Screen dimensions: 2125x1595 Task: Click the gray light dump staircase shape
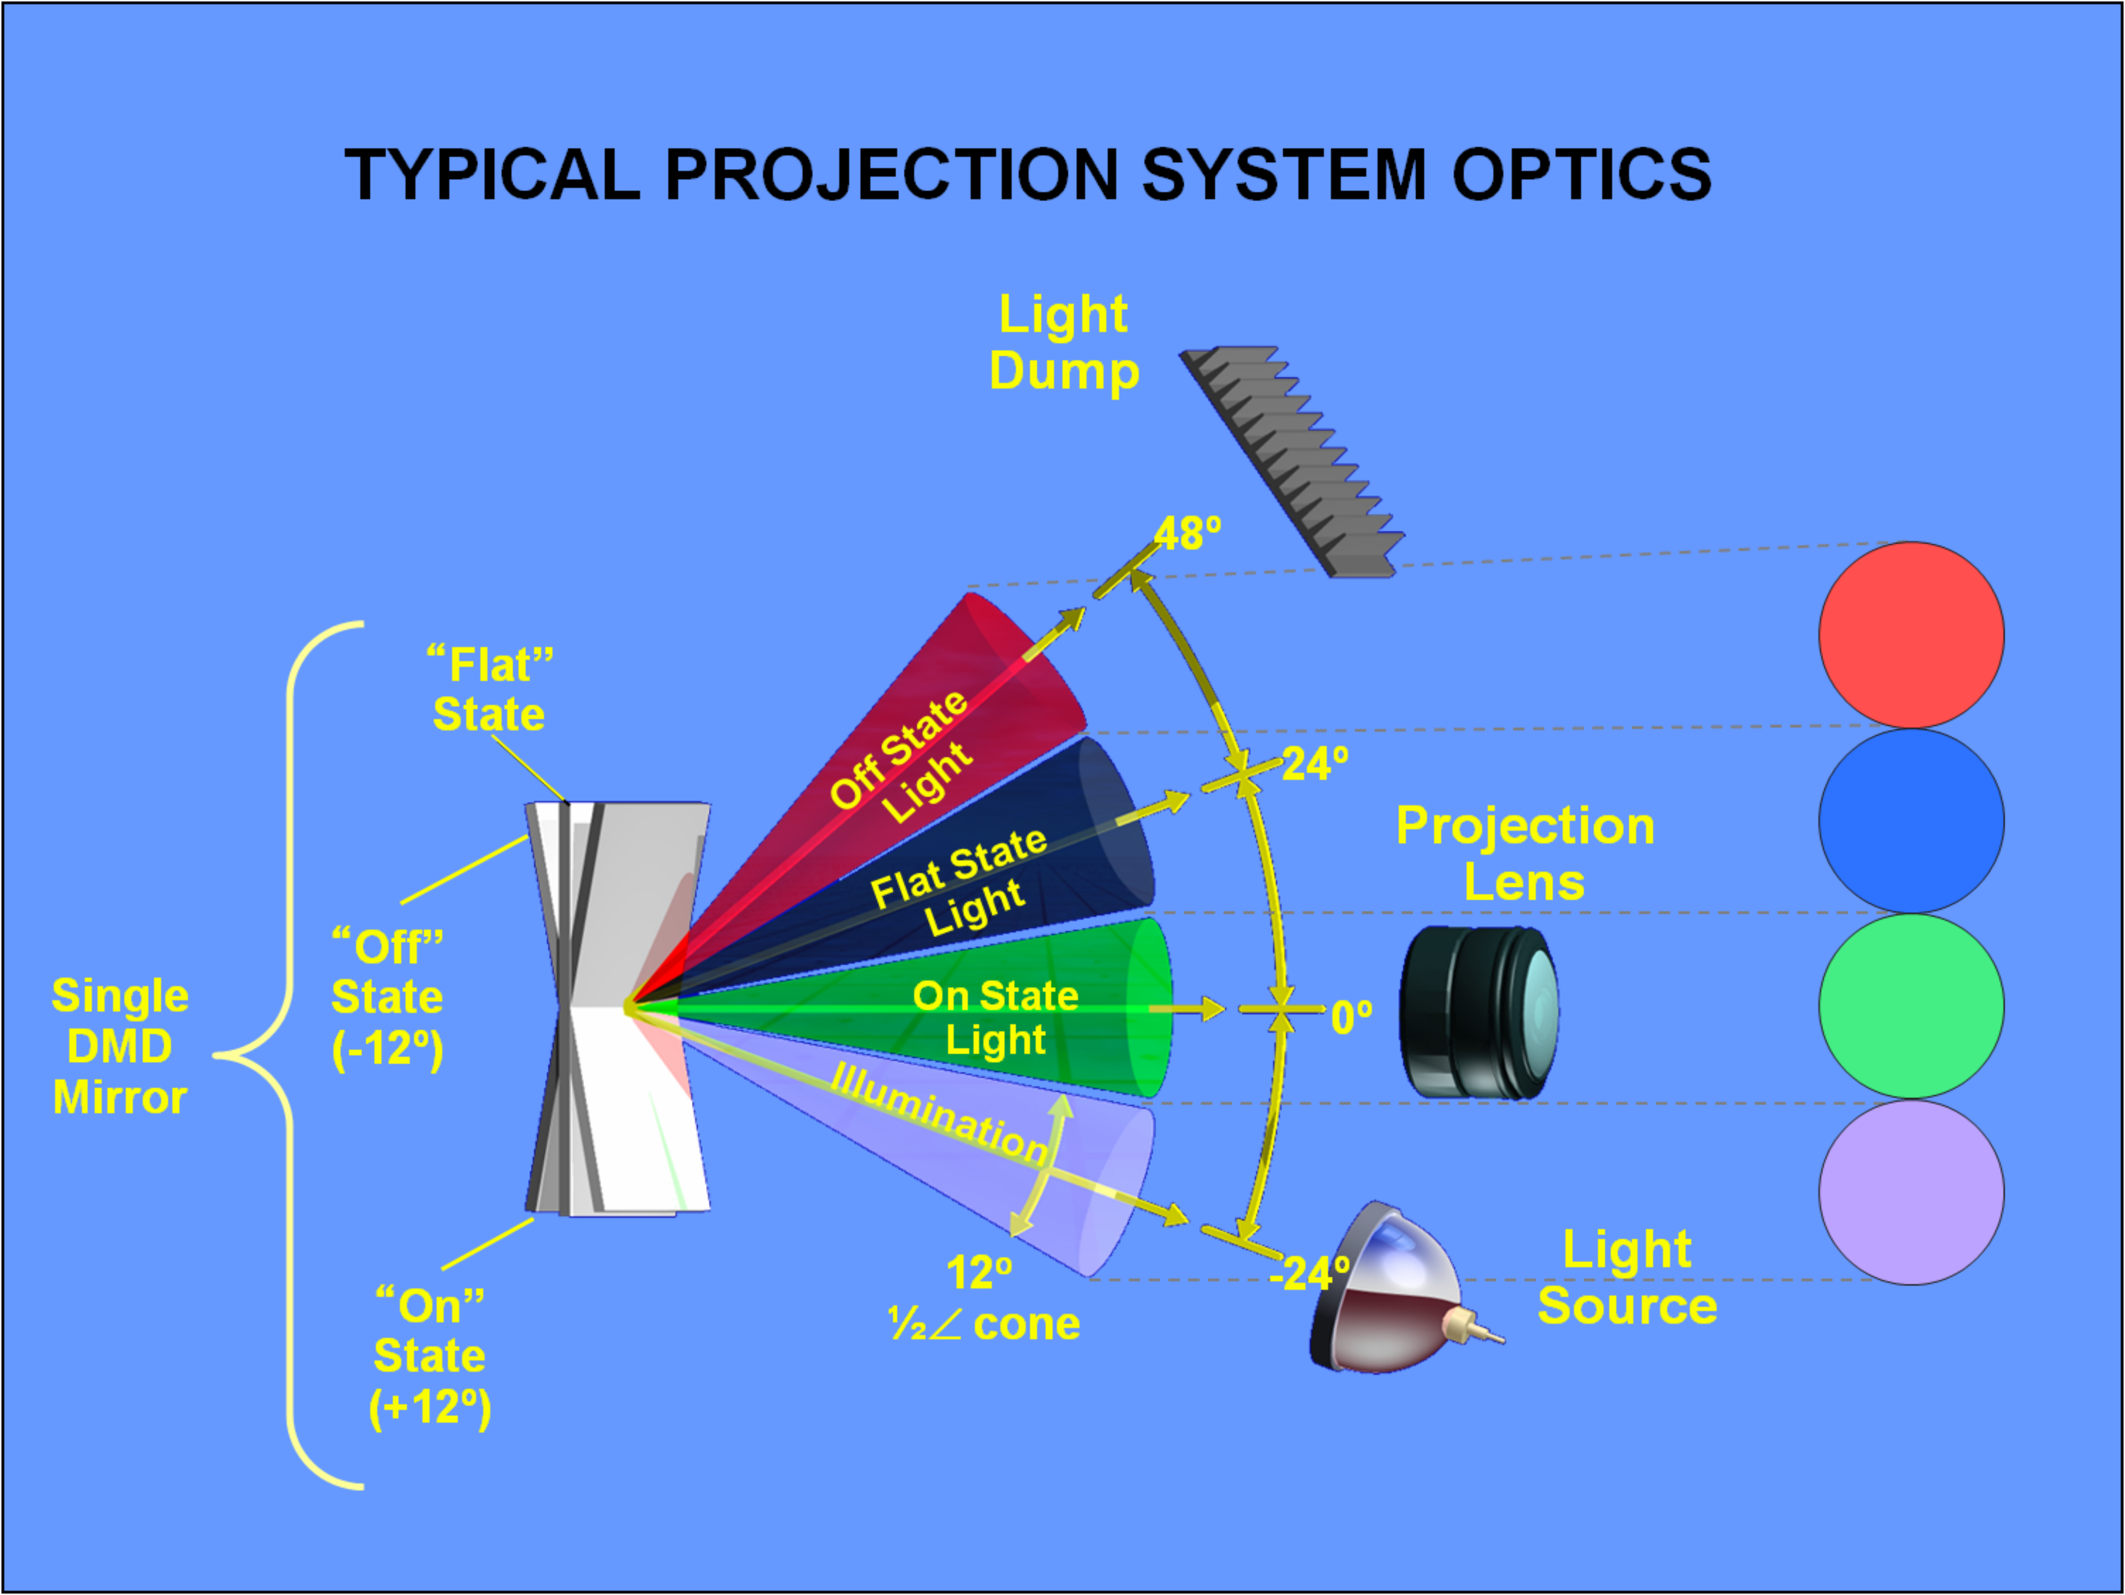[x=1292, y=461]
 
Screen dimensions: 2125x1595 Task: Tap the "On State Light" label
[x=995, y=1018]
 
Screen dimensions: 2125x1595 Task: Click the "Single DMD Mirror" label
[x=120, y=1046]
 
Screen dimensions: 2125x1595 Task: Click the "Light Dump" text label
[x=1064, y=343]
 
